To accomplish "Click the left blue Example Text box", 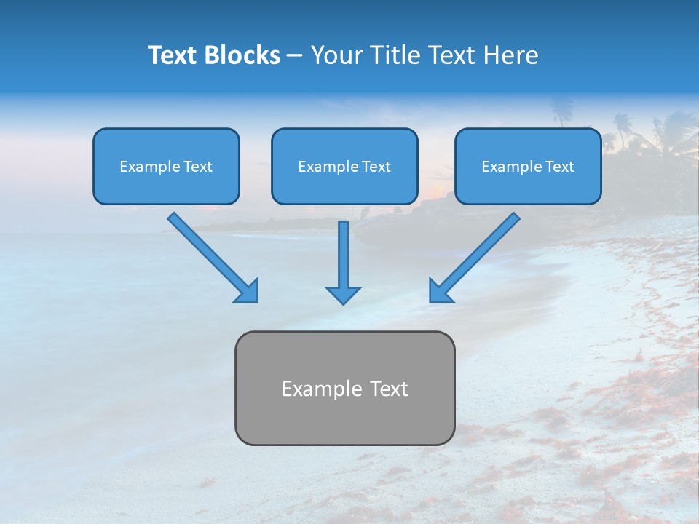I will pos(166,166).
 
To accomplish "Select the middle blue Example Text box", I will pos(344,166).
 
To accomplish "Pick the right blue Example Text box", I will pos(528,166).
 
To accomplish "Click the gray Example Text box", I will pos(344,388).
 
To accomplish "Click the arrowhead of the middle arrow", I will pos(343,294).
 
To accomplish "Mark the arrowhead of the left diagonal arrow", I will pos(248,291).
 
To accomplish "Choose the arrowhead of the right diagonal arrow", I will pos(440,291).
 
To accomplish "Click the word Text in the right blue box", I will pos(560,167).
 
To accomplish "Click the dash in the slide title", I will pos(295,56).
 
